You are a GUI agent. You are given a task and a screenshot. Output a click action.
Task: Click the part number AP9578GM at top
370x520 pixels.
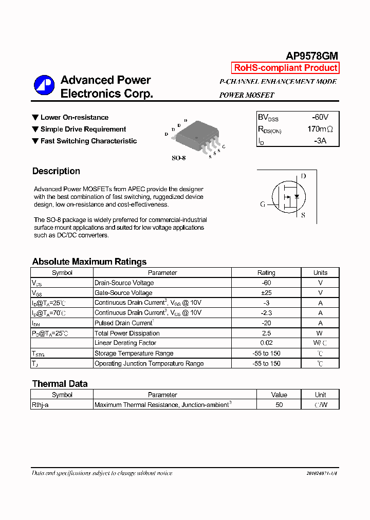[x=311, y=57]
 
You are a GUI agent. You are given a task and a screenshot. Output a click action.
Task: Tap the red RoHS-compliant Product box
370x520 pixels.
[x=285, y=68]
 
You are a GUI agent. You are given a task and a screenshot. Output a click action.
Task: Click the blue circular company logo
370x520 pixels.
[x=44, y=85]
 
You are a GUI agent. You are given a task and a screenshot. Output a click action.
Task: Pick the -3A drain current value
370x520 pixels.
[x=320, y=140]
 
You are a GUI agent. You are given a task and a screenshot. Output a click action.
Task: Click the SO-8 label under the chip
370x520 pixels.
[x=178, y=158]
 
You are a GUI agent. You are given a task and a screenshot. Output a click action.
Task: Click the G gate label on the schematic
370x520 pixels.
[x=263, y=204]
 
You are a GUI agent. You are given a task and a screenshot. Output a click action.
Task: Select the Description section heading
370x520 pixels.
[x=56, y=171]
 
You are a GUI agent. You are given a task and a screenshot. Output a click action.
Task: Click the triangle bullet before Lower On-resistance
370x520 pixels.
[x=35, y=118]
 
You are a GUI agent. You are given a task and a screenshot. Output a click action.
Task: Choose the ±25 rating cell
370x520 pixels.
[x=266, y=293]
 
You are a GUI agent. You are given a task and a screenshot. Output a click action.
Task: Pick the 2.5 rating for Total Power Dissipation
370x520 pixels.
[x=266, y=333]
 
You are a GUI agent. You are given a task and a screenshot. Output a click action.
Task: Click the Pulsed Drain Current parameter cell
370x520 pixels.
[x=123, y=323]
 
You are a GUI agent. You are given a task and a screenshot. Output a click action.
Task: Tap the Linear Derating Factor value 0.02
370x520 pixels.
[x=266, y=343]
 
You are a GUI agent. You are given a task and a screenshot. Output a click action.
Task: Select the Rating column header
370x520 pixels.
[x=266, y=273]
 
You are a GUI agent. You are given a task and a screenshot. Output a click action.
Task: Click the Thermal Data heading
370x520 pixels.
[x=60, y=384]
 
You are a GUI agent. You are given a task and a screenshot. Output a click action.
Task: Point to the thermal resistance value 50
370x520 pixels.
[x=279, y=405]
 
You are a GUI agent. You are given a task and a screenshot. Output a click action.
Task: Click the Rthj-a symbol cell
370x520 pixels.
[x=40, y=405]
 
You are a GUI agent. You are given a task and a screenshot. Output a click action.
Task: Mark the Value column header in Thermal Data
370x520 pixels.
[x=279, y=395]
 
